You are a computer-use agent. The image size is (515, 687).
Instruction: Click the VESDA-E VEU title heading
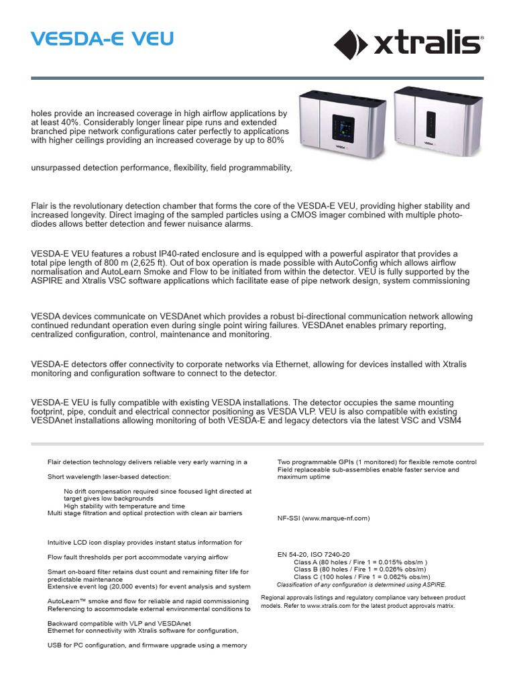coord(102,39)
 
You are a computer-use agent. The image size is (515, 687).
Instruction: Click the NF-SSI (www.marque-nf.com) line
coord(323,519)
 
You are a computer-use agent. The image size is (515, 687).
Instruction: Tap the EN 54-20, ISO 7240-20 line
coord(313,555)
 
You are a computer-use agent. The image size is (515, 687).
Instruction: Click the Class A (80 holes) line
coord(361,562)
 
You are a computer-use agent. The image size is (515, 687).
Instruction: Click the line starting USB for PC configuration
coord(148,645)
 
